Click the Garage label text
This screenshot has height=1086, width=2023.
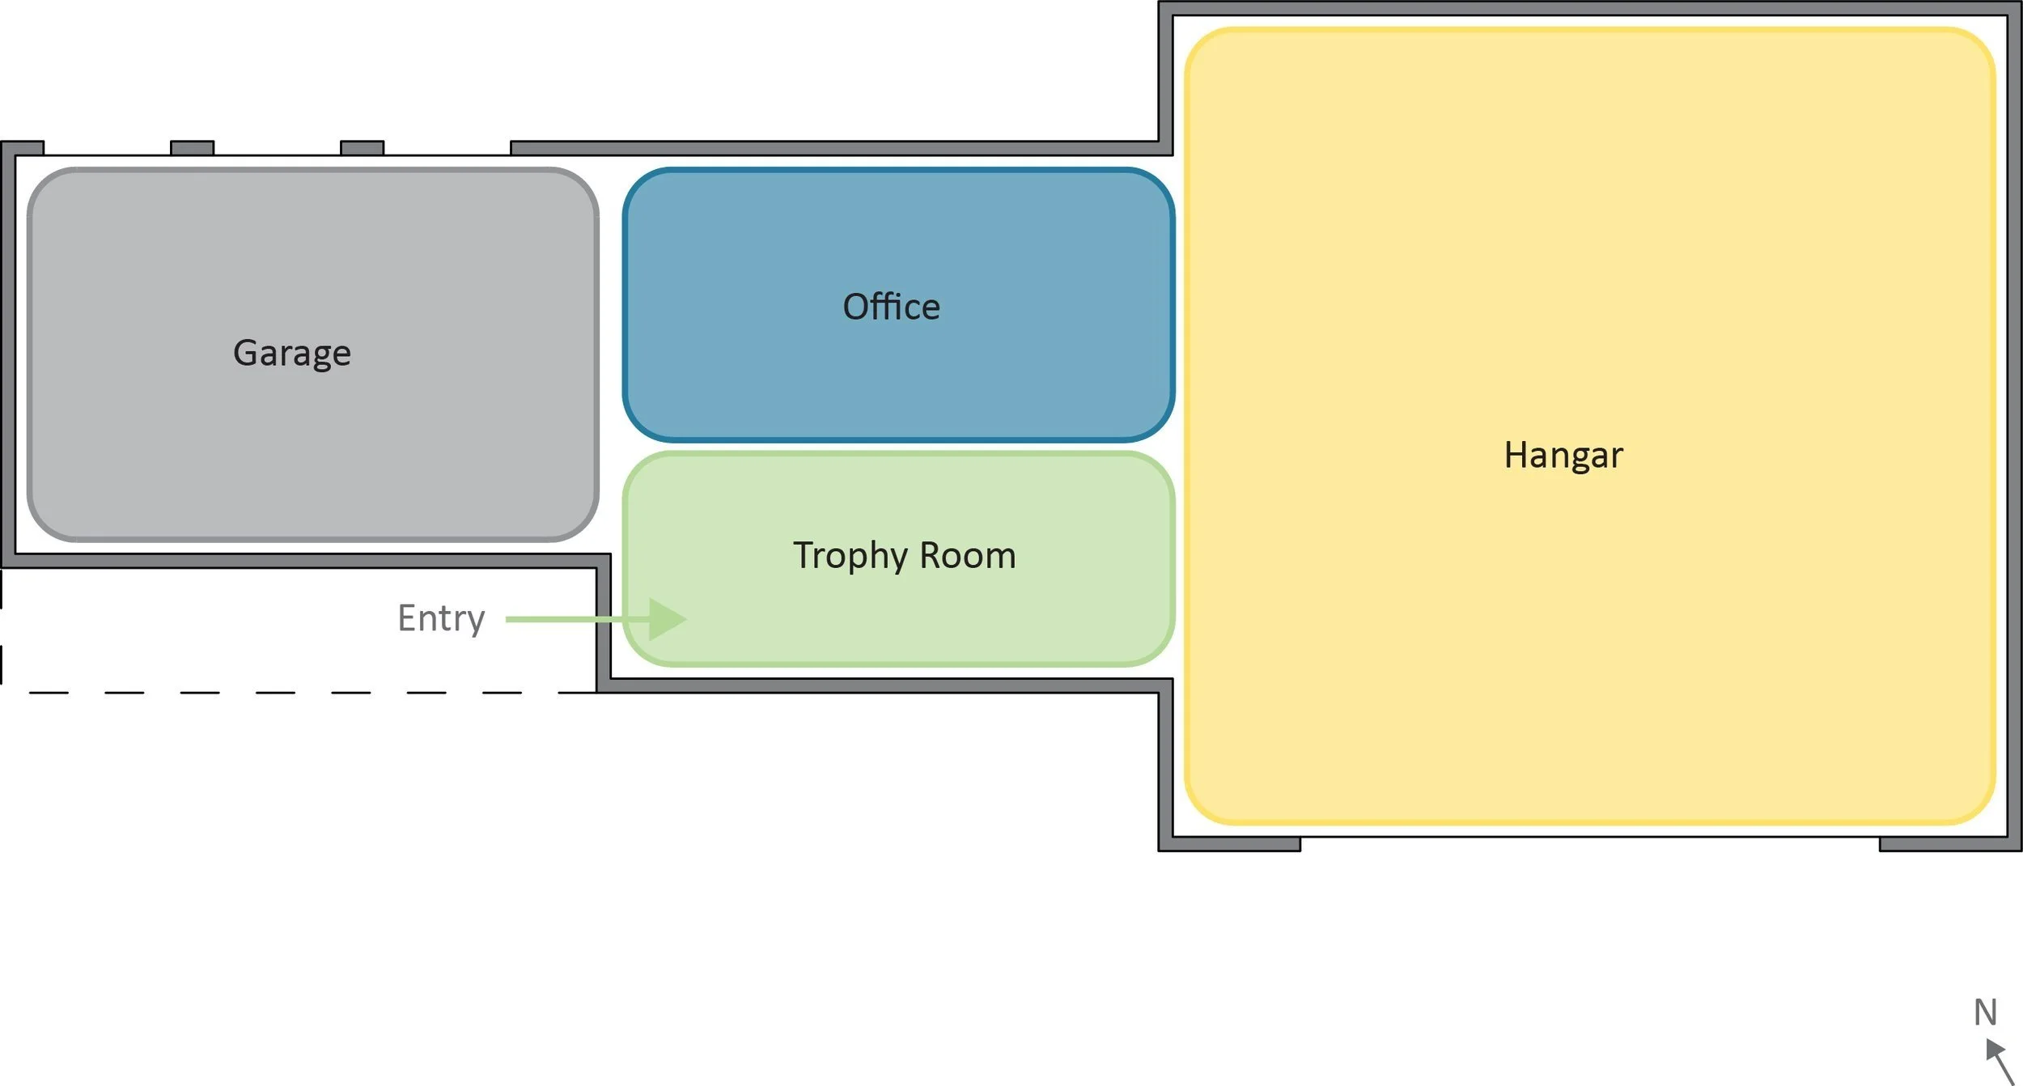click(292, 354)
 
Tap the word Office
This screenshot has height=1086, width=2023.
click(892, 307)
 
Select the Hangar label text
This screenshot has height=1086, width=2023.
click(1563, 456)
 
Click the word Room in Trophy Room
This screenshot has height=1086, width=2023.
click(968, 556)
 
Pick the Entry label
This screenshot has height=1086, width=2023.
click(441, 619)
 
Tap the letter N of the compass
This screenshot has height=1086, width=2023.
click(1985, 1012)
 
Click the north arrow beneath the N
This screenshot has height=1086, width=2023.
click(2000, 1062)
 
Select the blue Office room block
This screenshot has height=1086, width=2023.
click(898, 305)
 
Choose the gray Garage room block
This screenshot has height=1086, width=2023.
click(313, 354)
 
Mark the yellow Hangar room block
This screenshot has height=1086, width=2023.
click(1589, 426)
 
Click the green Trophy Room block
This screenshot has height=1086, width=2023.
click(898, 559)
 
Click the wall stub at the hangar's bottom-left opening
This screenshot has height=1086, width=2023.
click(1230, 844)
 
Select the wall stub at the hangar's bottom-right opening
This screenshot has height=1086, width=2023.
click(1950, 844)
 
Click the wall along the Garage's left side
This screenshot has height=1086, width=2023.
click(8, 354)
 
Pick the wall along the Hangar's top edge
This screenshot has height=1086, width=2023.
click(1590, 8)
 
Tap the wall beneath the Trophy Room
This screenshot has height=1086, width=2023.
click(884, 685)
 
